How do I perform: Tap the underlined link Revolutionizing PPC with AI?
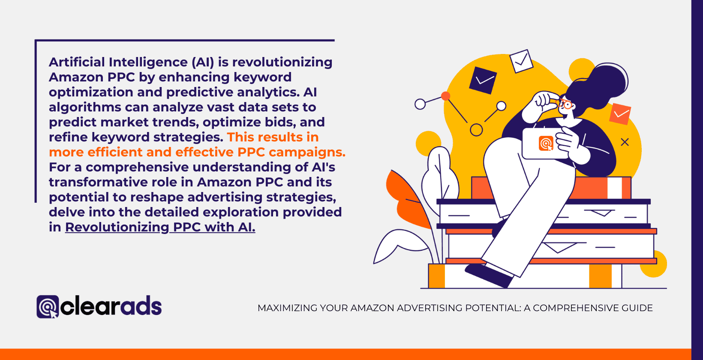[x=160, y=227]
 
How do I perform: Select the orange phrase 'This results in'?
[x=273, y=137]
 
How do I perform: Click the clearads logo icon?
[x=47, y=307]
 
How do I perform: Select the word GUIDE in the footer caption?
[x=638, y=308]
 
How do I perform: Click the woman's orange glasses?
[x=566, y=104]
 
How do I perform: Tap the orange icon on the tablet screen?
[x=546, y=143]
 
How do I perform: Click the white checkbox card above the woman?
[x=521, y=61]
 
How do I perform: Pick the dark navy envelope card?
[x=483, y=80]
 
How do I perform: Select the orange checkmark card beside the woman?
[x=620, y=114]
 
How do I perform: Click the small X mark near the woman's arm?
[x=625, y=142]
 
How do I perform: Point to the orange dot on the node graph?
[x=446, y=96]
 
